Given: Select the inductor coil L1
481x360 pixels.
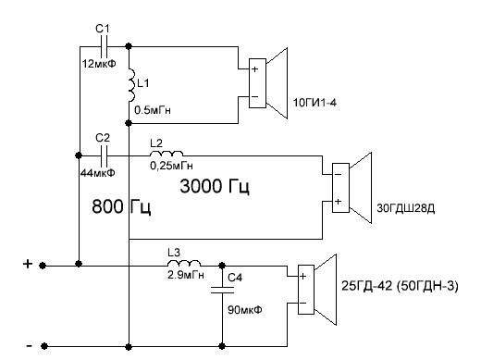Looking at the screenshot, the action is coord(132,85).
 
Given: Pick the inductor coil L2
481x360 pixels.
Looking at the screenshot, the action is coord(166,154).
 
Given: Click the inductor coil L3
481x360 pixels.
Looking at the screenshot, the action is coord(184,263).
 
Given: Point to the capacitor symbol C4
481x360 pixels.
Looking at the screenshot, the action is coord(222,290).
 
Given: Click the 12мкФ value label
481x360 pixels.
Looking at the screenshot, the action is coord(99,64).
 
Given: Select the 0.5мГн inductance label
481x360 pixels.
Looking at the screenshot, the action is coord(153,110).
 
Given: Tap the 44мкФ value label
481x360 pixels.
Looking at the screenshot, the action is coord(97,173).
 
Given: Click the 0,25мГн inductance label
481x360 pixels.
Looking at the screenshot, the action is coord(171,166).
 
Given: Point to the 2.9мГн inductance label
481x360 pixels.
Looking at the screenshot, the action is coord(186,275).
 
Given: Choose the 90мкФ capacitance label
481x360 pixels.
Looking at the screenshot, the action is coord(245,309).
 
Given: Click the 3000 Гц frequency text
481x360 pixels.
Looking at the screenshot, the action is coord(215,187).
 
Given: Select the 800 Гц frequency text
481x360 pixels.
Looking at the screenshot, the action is coord(121,206).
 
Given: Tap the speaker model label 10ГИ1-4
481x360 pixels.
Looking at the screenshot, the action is coord(314,102).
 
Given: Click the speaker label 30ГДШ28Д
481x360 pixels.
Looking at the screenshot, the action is coord(406,208).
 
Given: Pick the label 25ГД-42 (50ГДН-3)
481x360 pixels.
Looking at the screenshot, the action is coord(400,286).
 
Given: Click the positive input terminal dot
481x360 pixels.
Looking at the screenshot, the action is coord(43,266).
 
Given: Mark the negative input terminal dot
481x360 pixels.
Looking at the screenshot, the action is coord(44,346).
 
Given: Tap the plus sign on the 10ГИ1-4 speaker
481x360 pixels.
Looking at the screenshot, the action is coord(254,68).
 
